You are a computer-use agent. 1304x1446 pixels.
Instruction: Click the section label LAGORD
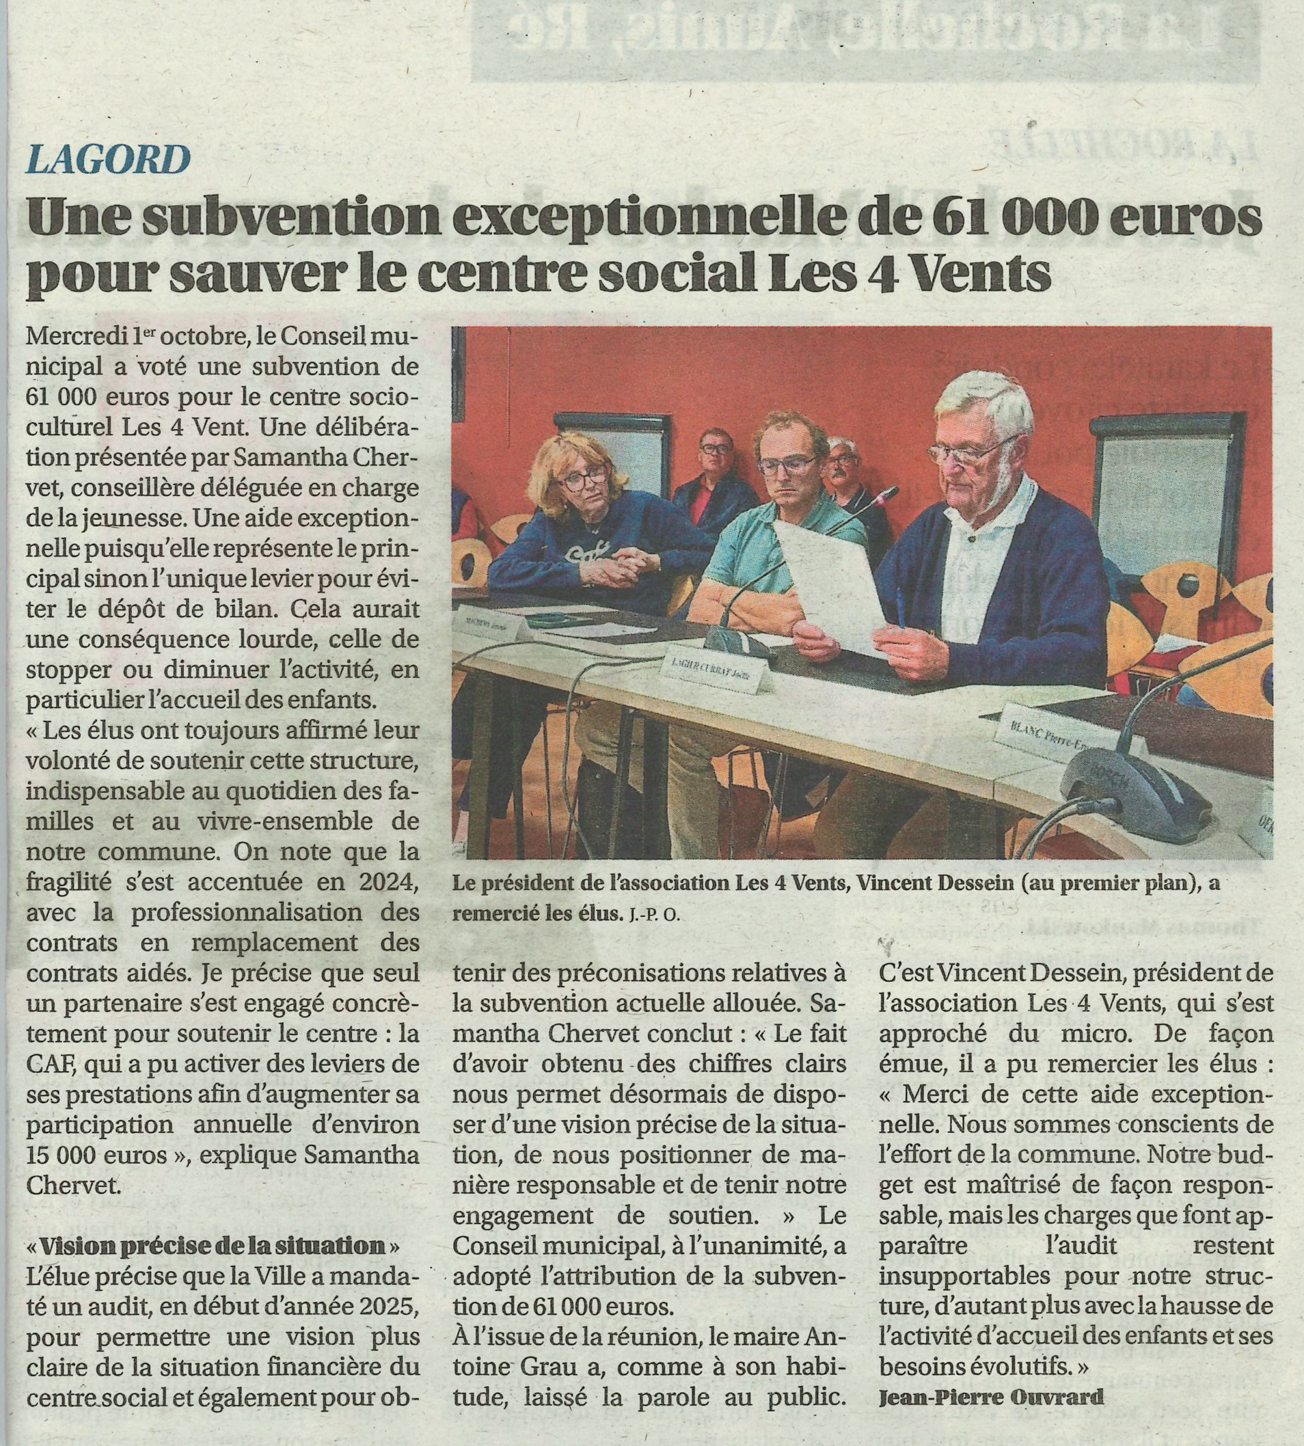click(x=108, y=159)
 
